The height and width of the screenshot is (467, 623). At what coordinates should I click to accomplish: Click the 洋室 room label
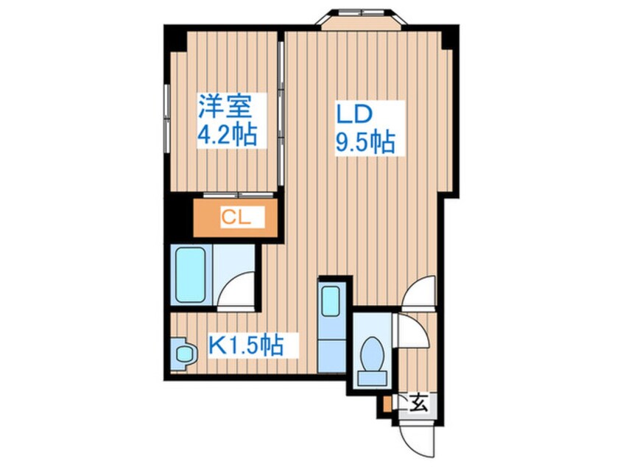(x=225, y=107)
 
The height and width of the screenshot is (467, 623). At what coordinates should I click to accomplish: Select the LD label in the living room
(x=354, y=114)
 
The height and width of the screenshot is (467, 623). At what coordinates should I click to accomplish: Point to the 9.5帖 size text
(x=365, y=142)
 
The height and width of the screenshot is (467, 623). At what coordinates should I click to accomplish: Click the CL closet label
(x=236, y=217)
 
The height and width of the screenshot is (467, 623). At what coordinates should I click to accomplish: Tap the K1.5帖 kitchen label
(x=246, y=345)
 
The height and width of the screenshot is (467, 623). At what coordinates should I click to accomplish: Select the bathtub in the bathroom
(x=191, y=275)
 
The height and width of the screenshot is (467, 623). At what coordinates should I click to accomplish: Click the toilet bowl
(x=373, y=354)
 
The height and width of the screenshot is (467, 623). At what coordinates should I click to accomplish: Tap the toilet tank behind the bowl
(x=373, y=378)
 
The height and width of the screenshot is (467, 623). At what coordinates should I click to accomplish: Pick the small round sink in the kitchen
(x=186, y=353)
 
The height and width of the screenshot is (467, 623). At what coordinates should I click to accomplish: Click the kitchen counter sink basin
(x=330, y=301)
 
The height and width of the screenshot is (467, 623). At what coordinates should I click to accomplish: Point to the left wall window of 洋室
(x=167, y=119)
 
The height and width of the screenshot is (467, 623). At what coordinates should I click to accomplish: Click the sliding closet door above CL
(x=239, y=194)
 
